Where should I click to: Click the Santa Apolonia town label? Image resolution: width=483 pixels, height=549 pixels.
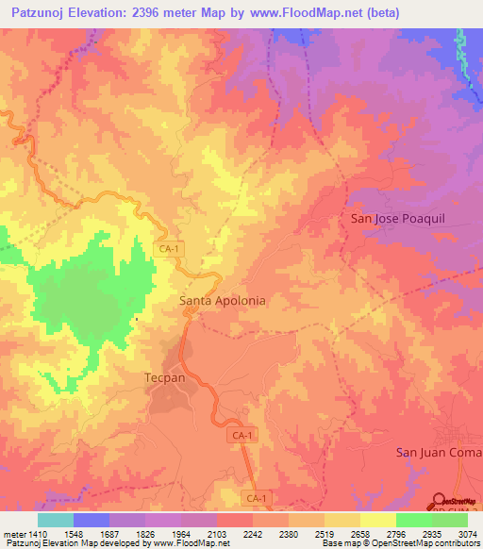point(222,301)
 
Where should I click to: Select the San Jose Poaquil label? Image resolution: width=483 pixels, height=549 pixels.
point(391,219)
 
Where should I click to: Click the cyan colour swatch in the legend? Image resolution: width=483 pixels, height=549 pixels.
point(56,519)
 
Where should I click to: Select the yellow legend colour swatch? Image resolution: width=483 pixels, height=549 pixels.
point(378,519)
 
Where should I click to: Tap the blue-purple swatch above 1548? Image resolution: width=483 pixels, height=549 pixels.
point(92,519)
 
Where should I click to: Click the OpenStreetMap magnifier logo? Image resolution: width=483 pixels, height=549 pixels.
point(439,501)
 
